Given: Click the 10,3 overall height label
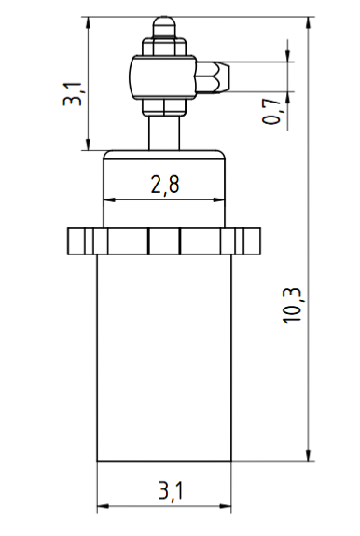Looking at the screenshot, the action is [x=292, y=305].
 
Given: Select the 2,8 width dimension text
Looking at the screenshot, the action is [x=165, y=186].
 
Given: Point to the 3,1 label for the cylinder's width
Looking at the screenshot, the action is [x=171, y=491].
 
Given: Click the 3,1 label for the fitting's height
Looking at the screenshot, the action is [x=73, y=93].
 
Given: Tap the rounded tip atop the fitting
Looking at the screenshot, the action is [x=164, y=27].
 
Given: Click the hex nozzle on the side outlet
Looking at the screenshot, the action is [x=213, y=77].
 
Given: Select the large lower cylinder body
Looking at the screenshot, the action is [x=164, y=358].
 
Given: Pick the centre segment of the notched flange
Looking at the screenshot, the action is [x=164, y=241].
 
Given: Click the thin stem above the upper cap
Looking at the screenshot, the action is [x=164, y=132].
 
